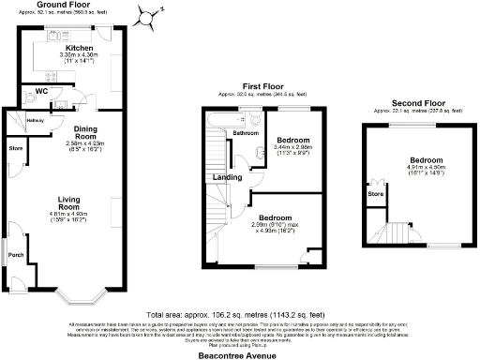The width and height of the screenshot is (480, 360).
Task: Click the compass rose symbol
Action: pyautogui.click(x=147, y=17)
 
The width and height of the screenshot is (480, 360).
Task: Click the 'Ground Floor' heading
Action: pyautogui.click(x=63, y=5)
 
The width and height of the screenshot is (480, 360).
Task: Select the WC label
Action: pyautogui.click(x=40, y=90)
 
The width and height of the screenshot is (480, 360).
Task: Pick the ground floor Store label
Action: pyautogui.click(x=16, y=148)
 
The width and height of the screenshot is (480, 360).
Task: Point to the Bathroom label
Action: pyautogui.click(x=246, y=133)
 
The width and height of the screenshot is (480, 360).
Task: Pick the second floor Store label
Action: pyautogui.click(x=376, y=194)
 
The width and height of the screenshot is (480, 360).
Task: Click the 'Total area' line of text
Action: pyautogui.click(x=240, y=314)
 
